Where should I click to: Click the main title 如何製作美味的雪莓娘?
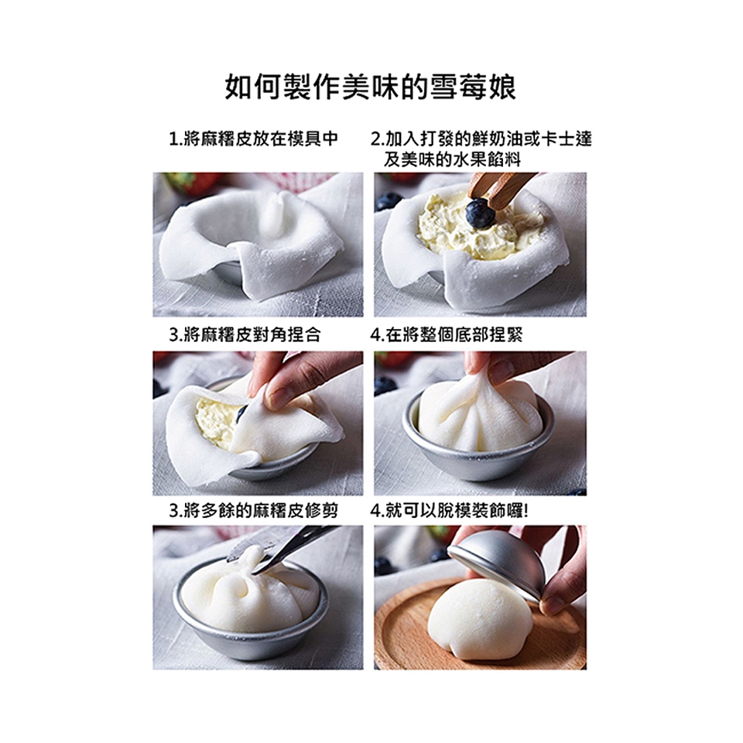[x=370, y=87]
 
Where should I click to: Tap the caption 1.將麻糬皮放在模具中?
[x=254, y=139]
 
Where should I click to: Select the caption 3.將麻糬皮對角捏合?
[x=245, y=334]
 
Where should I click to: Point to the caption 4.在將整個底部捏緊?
[x=447, y=334]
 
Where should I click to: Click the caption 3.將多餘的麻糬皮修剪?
[x=254, y=510]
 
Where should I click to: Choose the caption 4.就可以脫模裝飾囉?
[x=449, y=510]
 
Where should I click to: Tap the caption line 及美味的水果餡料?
[x=452, y=159]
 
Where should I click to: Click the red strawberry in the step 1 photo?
[x=193, y=183]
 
